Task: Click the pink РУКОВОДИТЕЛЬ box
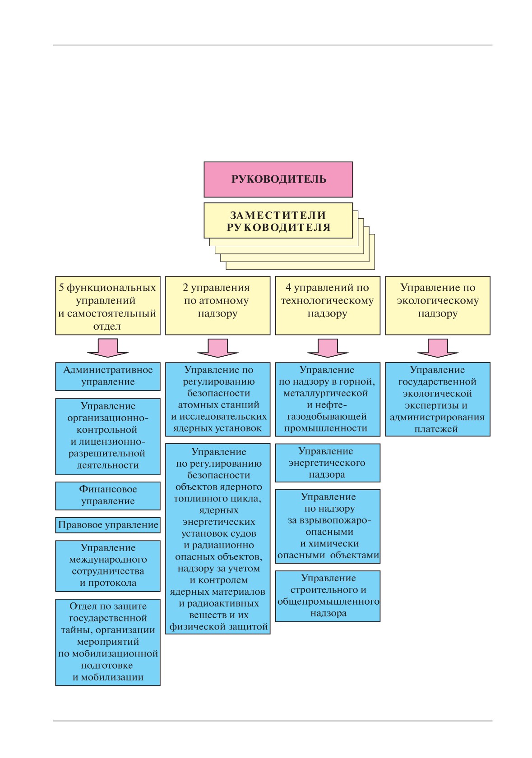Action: click(278, 179)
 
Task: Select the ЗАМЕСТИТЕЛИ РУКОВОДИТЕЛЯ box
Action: click(278, 221)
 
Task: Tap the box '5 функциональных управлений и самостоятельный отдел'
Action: click(108, 306)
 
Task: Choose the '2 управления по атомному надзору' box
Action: click(218, 306)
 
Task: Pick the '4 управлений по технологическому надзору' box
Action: click(328, 306)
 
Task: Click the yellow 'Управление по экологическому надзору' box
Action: click(438, 306)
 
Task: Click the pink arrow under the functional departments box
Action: click(108, 348)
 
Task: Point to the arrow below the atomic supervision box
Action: click(218, 348)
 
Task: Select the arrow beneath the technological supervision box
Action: click(328, 348)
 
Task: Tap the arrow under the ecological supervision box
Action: click(438, 348)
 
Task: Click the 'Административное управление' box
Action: click(108, 377)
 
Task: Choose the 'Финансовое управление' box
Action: click(108, 496)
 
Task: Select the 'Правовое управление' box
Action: click(108, 525)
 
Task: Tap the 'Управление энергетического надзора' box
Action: click(328, 463)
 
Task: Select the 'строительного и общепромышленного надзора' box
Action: click(328, 596)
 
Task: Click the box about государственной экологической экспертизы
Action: click(438, 400)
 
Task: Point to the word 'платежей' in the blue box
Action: click(436, 429)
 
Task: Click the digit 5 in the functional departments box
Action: click(61, 288)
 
